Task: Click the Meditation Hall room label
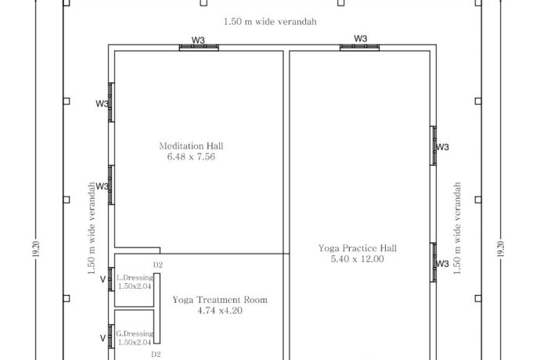[x=191, y=146]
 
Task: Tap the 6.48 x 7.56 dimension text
[x=191, y=157]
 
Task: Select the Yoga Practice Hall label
[x=358, y=248]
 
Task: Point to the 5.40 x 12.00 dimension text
[x=358, y=259]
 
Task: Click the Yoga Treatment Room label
[x=220, y=300]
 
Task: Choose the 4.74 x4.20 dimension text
[x=220, y=311]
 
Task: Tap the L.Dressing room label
[x=135, y=278]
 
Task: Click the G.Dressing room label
[x=135, y=334]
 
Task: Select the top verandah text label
[x=270, y=22]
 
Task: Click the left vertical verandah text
[x=92, y=228]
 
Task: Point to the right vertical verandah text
[x=457, y=228]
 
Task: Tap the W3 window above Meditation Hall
[x=199, y=48]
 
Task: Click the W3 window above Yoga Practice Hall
[x=359, y=48]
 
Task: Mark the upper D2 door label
[x=158, y=265]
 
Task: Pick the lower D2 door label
[x=156, y=355]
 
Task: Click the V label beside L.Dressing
[x=103, y=279]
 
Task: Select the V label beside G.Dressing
[x=103, y=338]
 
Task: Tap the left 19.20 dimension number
[x=36, y=249]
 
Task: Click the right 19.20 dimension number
[x=501, y=249]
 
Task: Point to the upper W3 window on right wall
[x=434, y=146]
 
